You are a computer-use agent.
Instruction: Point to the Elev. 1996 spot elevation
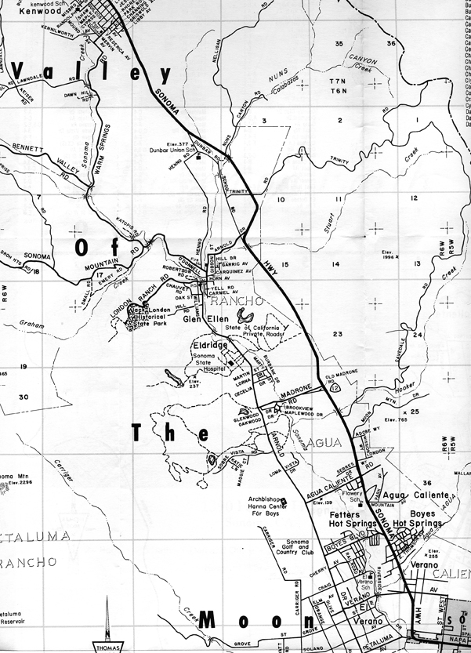tap(389, 254)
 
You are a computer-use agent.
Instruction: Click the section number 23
tap(338, 334)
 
